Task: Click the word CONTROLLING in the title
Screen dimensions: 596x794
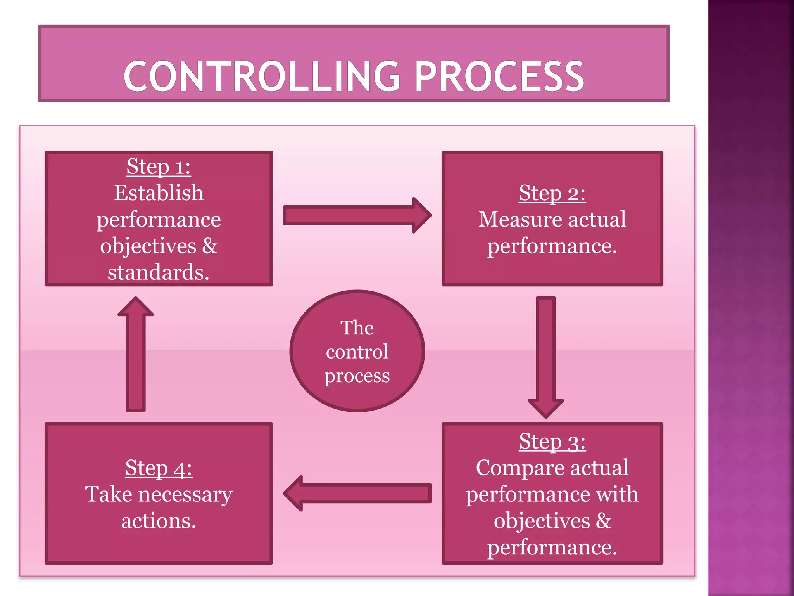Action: coord(262,76)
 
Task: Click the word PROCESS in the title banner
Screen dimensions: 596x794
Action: coord(499,76)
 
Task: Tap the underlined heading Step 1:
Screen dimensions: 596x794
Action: coord(159,167)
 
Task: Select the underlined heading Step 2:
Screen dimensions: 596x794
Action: coord(552,193)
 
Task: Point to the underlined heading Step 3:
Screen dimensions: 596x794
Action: coord(552,442)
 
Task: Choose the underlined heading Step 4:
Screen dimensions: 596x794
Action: coord(159,468)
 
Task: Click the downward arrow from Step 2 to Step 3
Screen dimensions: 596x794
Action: coord(546,357)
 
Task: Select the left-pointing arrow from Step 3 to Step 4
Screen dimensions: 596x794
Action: coord(357,493)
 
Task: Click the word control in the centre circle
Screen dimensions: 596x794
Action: coord(357,352)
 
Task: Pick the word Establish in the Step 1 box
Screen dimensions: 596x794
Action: coord(159,193)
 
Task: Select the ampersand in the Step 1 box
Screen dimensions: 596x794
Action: coord(209,246)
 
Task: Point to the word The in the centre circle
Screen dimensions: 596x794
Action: coord(357,328)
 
